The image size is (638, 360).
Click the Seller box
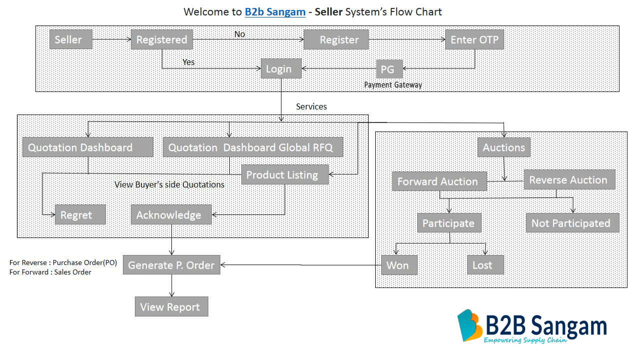point(70,39)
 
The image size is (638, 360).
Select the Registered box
point(161,39)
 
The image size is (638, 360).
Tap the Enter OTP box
point(474,39)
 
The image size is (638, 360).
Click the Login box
point(281,69)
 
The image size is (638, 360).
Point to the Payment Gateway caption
point(393,85)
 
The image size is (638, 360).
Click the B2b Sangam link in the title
point(275,11)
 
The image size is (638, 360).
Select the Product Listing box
point(285,175)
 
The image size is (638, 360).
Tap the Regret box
point(80,215)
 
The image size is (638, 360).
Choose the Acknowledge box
point(171,215)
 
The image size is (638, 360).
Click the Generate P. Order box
point(171,265)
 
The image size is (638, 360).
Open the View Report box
point(171,307)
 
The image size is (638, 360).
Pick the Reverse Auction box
point(569,180)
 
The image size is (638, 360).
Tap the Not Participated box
point(572,223)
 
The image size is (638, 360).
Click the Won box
point(399,265)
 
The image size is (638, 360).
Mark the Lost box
point(485,265)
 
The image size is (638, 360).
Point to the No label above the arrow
point(240,34)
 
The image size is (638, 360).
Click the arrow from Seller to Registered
point(111,39)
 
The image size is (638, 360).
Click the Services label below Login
point(311,106)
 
